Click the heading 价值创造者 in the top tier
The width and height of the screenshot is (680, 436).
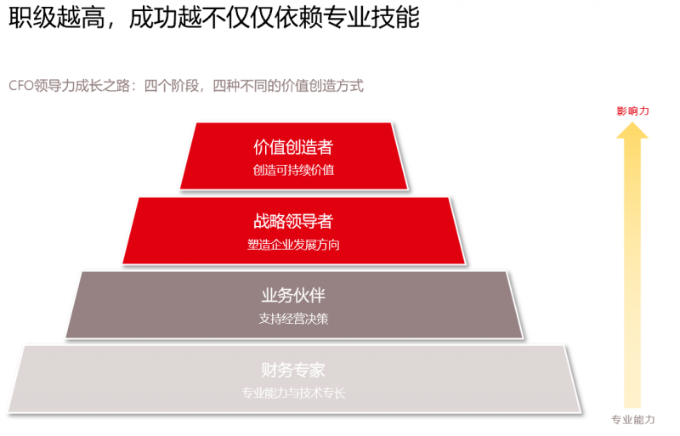click(293, 147)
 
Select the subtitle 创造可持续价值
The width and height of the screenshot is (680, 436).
click(293, 170)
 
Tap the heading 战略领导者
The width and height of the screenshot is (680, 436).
click(293, 221)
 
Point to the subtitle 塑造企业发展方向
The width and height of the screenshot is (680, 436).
click(293, 245)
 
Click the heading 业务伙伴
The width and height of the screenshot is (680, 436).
click(293, 296)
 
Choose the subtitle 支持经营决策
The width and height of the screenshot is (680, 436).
click(293, 319)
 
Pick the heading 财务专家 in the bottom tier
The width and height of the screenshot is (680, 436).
click(293, 370)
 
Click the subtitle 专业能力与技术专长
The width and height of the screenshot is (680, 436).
click(293, 393)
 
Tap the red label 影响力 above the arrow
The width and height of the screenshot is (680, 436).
click(632, 111)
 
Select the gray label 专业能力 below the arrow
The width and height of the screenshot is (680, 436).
click(632, 420)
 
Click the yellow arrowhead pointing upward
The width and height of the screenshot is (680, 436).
click(632, 131)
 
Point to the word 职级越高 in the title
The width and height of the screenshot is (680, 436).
click(57, 17)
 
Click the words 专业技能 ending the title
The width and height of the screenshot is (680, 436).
click(371, 17)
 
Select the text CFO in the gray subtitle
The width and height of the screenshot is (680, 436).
click(20, 86)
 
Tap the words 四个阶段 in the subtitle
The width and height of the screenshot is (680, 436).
click(171, 86)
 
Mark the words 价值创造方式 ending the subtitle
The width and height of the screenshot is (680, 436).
click(322, 86)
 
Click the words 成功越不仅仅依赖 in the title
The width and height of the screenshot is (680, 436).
click(225, 17)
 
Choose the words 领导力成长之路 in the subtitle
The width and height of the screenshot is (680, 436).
click(82, 86)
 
